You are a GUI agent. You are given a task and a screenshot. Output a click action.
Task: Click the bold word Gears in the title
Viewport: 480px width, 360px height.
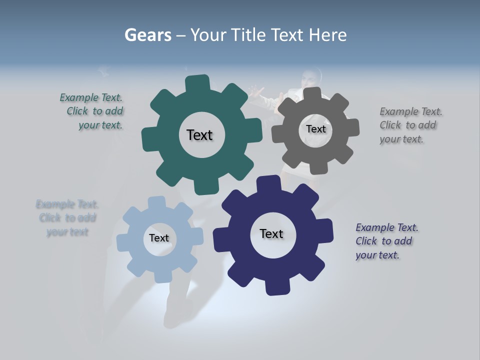point(148,35)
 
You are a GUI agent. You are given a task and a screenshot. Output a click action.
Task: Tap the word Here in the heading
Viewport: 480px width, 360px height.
point(328,35)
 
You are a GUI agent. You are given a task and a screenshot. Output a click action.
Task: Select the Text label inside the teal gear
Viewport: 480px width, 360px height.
point(199,135)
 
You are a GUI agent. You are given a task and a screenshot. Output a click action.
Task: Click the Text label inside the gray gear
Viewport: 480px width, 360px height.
point(315,129)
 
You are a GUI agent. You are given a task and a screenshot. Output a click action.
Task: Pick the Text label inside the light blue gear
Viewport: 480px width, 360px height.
point(159,238)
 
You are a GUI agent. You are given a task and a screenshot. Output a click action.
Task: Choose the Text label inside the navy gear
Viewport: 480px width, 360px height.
point(271,234)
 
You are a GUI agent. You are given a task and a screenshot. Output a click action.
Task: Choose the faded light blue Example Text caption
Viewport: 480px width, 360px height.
point(67,218)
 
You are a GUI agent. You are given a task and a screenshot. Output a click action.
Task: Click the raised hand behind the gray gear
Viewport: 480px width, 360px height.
point(256,91)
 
